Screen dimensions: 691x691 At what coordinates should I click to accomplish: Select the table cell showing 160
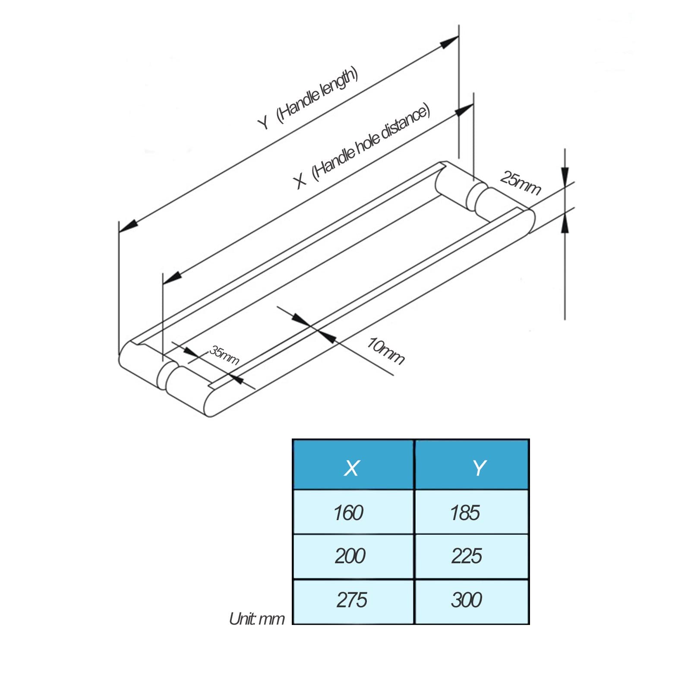[x=353, y=512]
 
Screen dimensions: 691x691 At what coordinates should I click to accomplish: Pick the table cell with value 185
[x=472, y=512]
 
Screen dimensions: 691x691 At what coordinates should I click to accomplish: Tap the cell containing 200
[x=353, y=556]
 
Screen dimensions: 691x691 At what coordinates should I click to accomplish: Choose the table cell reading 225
[x=472, y=556]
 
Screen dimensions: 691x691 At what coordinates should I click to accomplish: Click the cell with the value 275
[x=353, y=601]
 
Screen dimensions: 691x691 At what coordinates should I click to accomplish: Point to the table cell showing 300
[x=472, y=601]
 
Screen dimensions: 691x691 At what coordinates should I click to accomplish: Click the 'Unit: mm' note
[x=257, y=618]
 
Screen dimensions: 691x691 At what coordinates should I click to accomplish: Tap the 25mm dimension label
[x=521, y=183]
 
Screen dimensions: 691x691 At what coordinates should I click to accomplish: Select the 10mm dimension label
[x=385, y=350]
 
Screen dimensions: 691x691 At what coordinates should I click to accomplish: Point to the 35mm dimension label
[x=224, y=355]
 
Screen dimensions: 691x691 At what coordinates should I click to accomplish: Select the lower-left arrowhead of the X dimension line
[x=172, y=278]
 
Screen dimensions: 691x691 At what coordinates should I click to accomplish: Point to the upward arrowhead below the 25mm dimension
[x=565, y=223]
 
